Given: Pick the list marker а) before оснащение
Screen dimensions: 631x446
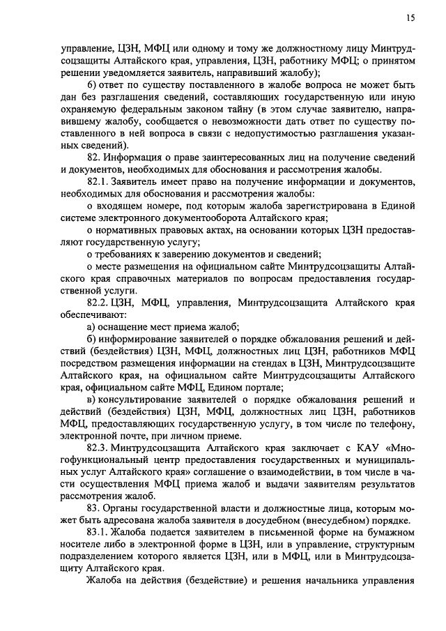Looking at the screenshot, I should click(91, 327).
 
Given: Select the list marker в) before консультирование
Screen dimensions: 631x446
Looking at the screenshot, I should click(91, 399).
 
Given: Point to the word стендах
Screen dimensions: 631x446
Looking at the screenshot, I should click(270, 363).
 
